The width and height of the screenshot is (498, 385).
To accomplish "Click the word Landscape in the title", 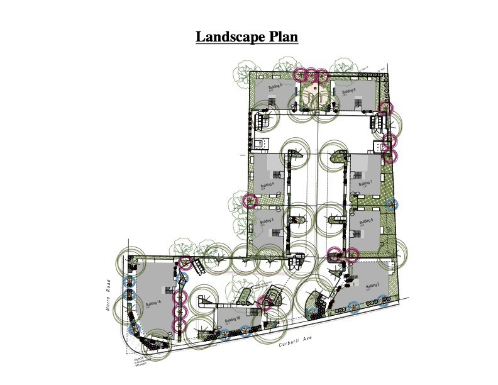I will (x=228, y=36).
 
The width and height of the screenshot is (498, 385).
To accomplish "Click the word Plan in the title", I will (x=281, y=36).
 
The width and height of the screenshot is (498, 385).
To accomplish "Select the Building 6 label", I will (x=349, y=91).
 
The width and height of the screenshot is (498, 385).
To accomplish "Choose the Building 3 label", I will (x=267, y=223).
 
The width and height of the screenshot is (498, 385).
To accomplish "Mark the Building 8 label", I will (x=367, y=221).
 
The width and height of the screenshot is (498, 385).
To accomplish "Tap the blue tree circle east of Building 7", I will (x=392, y=204).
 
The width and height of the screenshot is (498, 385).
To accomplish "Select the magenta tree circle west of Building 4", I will (x=250, y=201).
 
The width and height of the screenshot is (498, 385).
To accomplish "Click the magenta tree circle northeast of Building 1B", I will (x=265, y=303).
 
